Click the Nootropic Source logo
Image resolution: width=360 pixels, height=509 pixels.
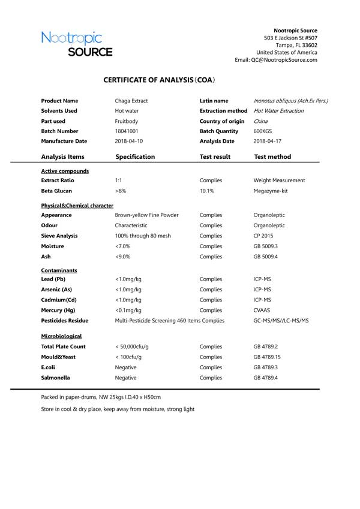(x=77, y=44)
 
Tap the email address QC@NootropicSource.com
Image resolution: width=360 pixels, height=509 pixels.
(x=284, y=60)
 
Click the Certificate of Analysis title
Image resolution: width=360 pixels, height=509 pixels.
(x=159, y=79)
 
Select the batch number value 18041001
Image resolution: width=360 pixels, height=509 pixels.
(x=127, y=131)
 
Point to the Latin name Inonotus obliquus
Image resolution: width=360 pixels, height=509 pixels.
(x=291, y=101)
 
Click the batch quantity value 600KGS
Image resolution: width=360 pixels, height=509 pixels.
(x=263, y=131)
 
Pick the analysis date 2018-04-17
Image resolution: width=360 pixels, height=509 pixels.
(x=268, y=141)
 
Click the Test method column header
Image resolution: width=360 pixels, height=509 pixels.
(x=272, y=157)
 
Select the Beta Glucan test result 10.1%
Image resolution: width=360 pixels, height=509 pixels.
(x=207, y=191)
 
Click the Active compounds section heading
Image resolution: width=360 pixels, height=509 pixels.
(x=65, y=171)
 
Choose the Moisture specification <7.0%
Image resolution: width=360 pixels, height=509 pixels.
(x=122, y=246)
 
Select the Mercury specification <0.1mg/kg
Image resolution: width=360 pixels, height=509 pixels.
(x=128, y=310)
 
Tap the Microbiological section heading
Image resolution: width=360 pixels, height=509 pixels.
(x=61, y=336)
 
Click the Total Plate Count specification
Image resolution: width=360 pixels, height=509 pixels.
(x=133, y=347)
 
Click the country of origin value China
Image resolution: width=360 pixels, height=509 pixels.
(x=261, y=121)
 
